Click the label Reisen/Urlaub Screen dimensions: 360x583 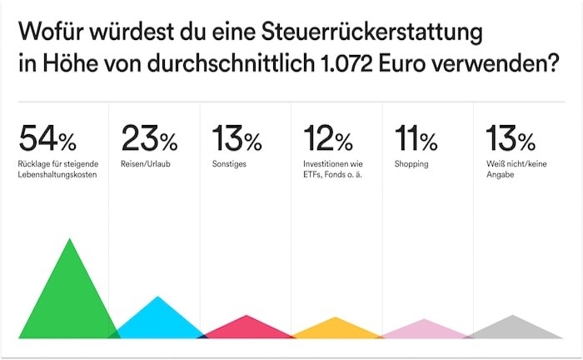(x=145, y=164)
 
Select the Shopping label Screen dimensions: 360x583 (x=411, y=164)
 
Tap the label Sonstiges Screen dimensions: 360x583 (x=230, y=164)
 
